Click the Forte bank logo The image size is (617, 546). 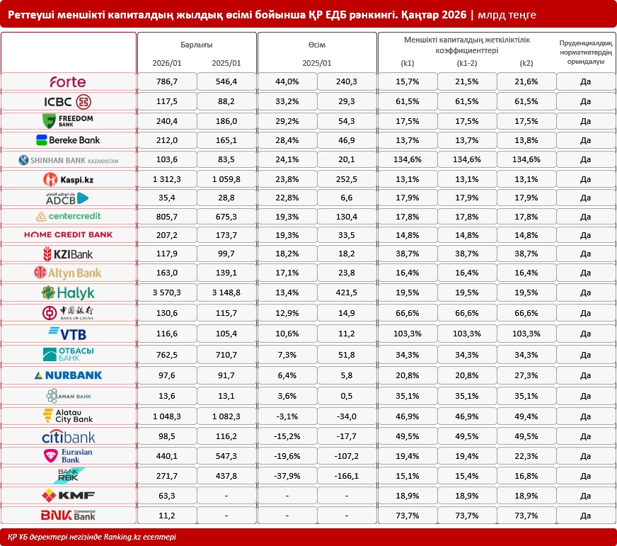(68, 81)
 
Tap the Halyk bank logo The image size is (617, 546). (68, 292)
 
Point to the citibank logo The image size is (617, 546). (68, 436)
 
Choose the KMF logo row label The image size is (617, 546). (68, 495)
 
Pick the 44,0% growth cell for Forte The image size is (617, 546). (287, 81)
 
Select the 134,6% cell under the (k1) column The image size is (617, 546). (408, 160)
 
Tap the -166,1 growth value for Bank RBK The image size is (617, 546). (347, 476)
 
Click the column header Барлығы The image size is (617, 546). (197, 44)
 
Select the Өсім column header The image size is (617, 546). (317, 44)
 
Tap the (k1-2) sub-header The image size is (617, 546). (467, 63)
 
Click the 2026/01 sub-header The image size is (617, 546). (167, 63)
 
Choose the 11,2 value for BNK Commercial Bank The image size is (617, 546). (167, 515)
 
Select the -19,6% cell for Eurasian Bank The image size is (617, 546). (287, 456)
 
